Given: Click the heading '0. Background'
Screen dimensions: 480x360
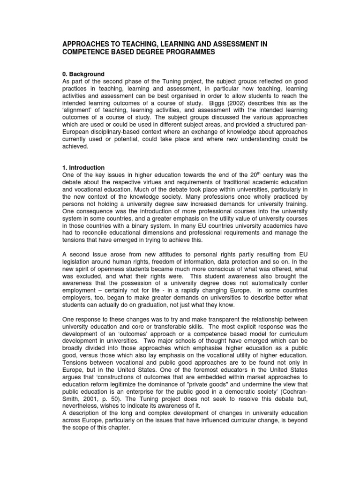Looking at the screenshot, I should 83,74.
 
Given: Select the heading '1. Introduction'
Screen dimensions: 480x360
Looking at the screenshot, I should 84,167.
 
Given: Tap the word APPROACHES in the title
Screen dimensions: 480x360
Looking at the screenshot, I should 86,44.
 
